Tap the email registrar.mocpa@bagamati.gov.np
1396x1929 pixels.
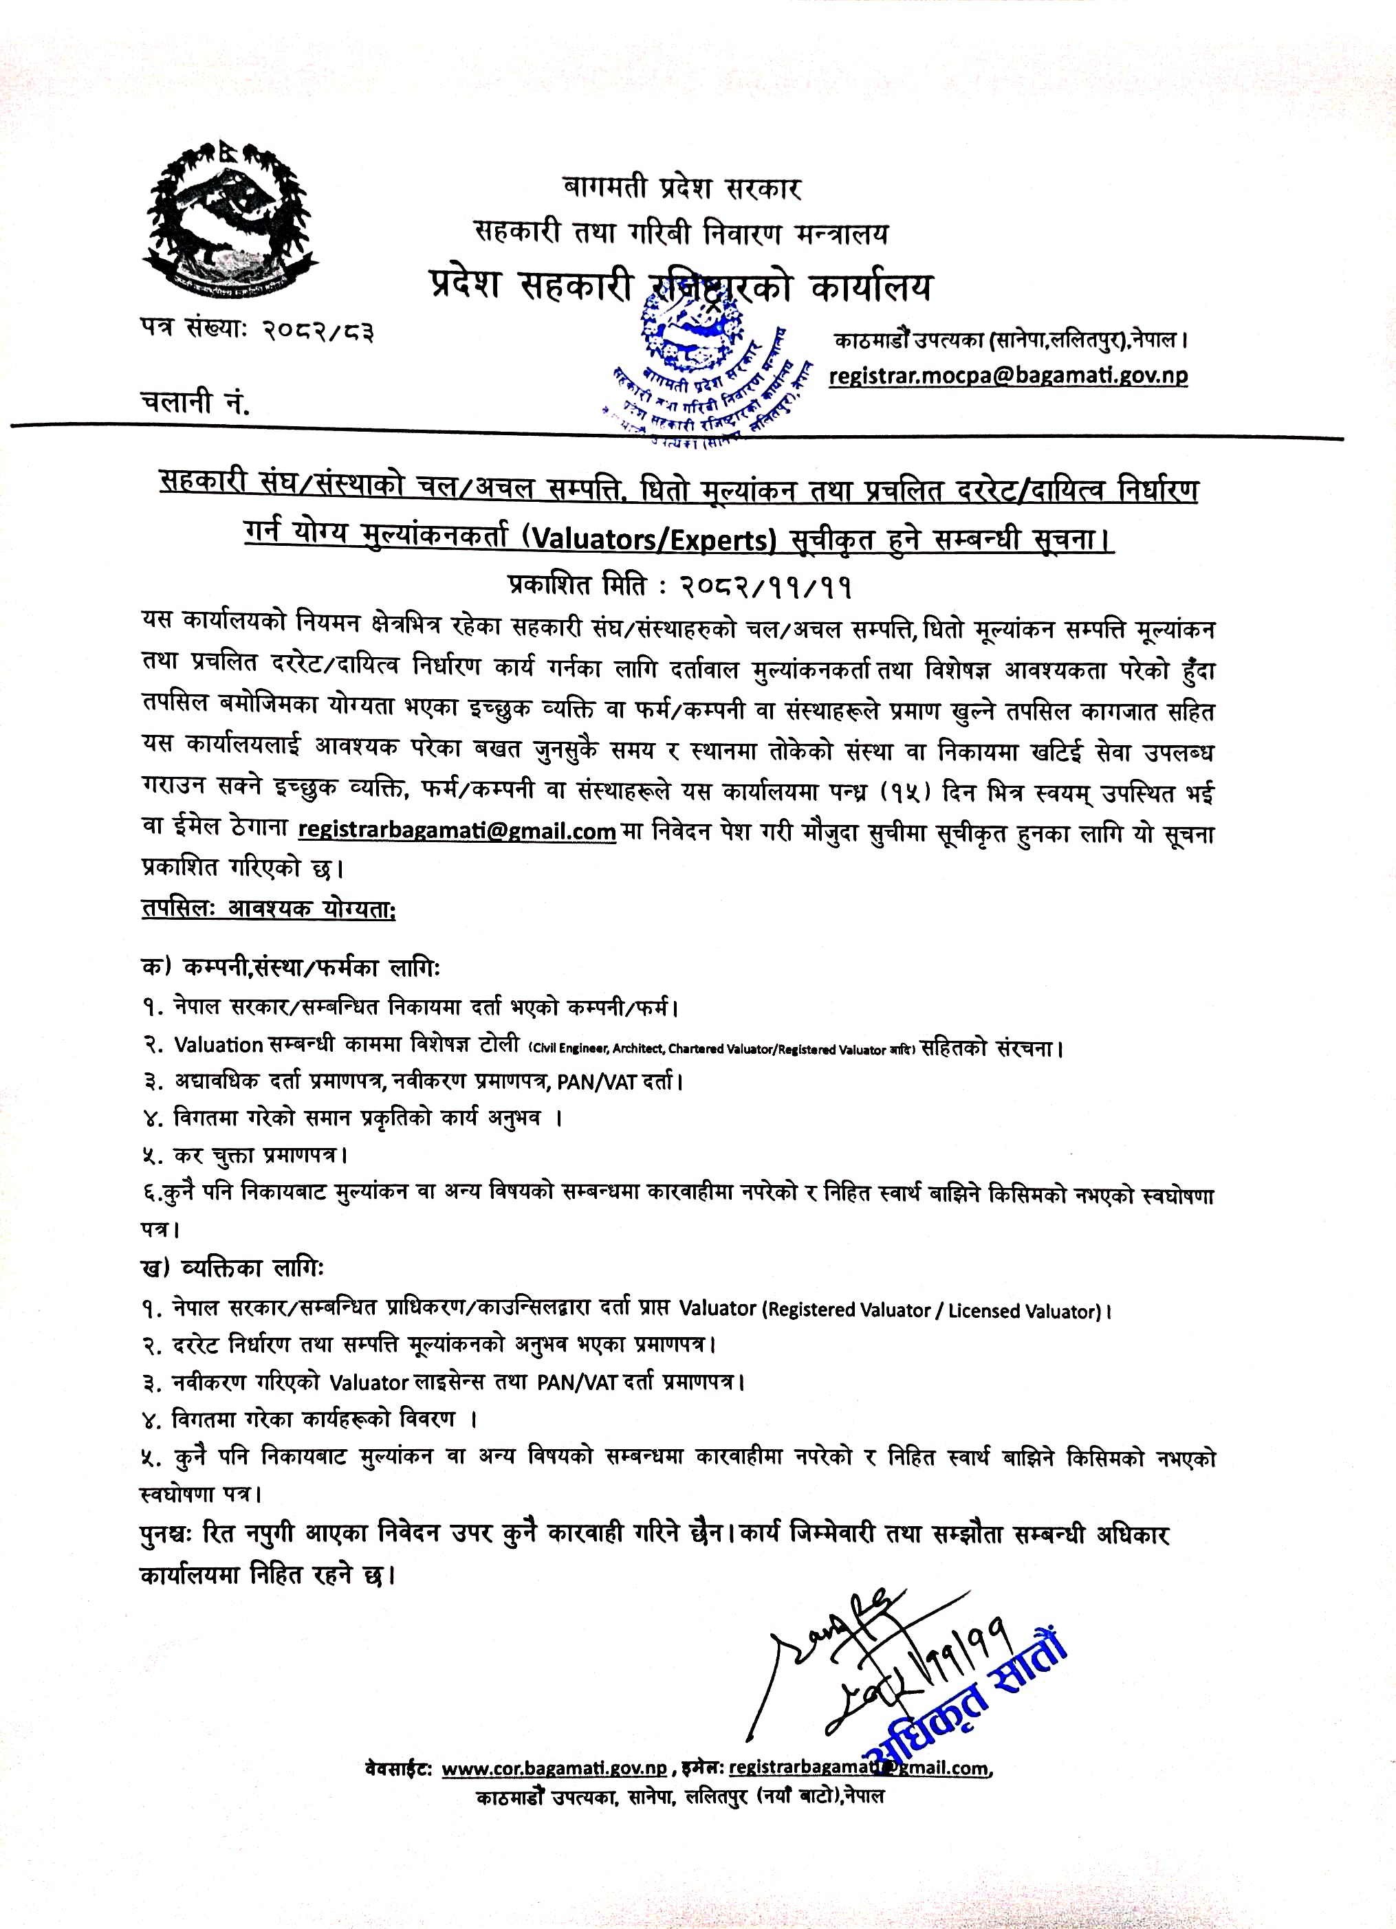pos(1008,375)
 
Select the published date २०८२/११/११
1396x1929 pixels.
pos(765,585)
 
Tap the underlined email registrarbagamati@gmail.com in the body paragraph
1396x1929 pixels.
pos(457,830)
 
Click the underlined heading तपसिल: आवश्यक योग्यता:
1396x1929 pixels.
pos(268,908)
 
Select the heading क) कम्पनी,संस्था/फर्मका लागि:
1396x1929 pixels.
pos(290,967)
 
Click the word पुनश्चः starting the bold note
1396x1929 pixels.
pos(170,1534)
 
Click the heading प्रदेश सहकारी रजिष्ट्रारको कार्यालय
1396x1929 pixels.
pos(681,287)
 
